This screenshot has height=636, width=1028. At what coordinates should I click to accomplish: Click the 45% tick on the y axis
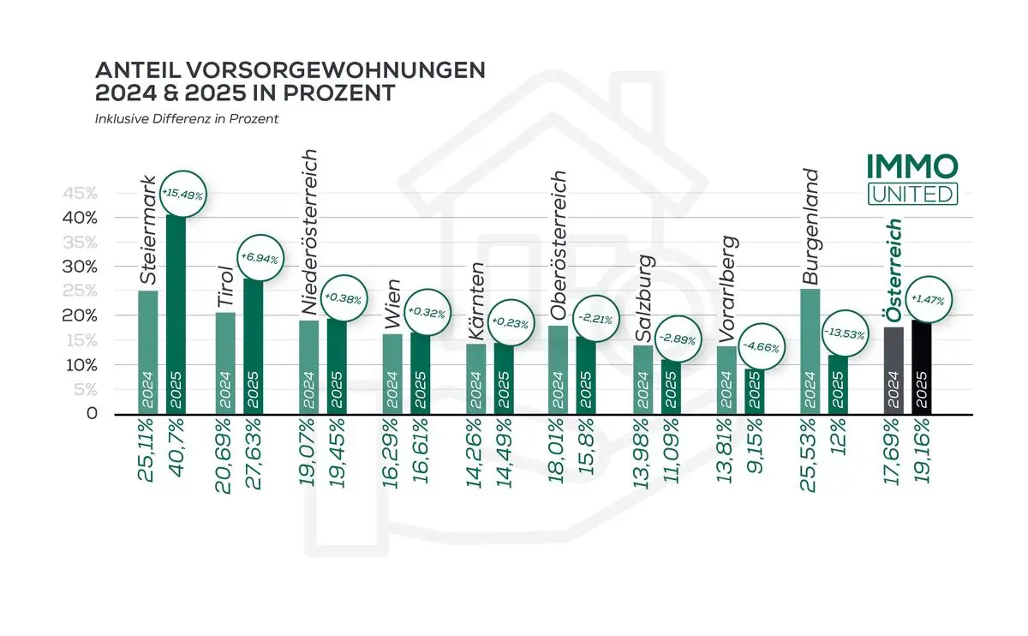79,193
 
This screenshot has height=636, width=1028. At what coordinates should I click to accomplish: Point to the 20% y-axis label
79,315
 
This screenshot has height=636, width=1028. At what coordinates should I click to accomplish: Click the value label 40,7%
175,451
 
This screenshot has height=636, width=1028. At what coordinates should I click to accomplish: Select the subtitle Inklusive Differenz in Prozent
186,119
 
